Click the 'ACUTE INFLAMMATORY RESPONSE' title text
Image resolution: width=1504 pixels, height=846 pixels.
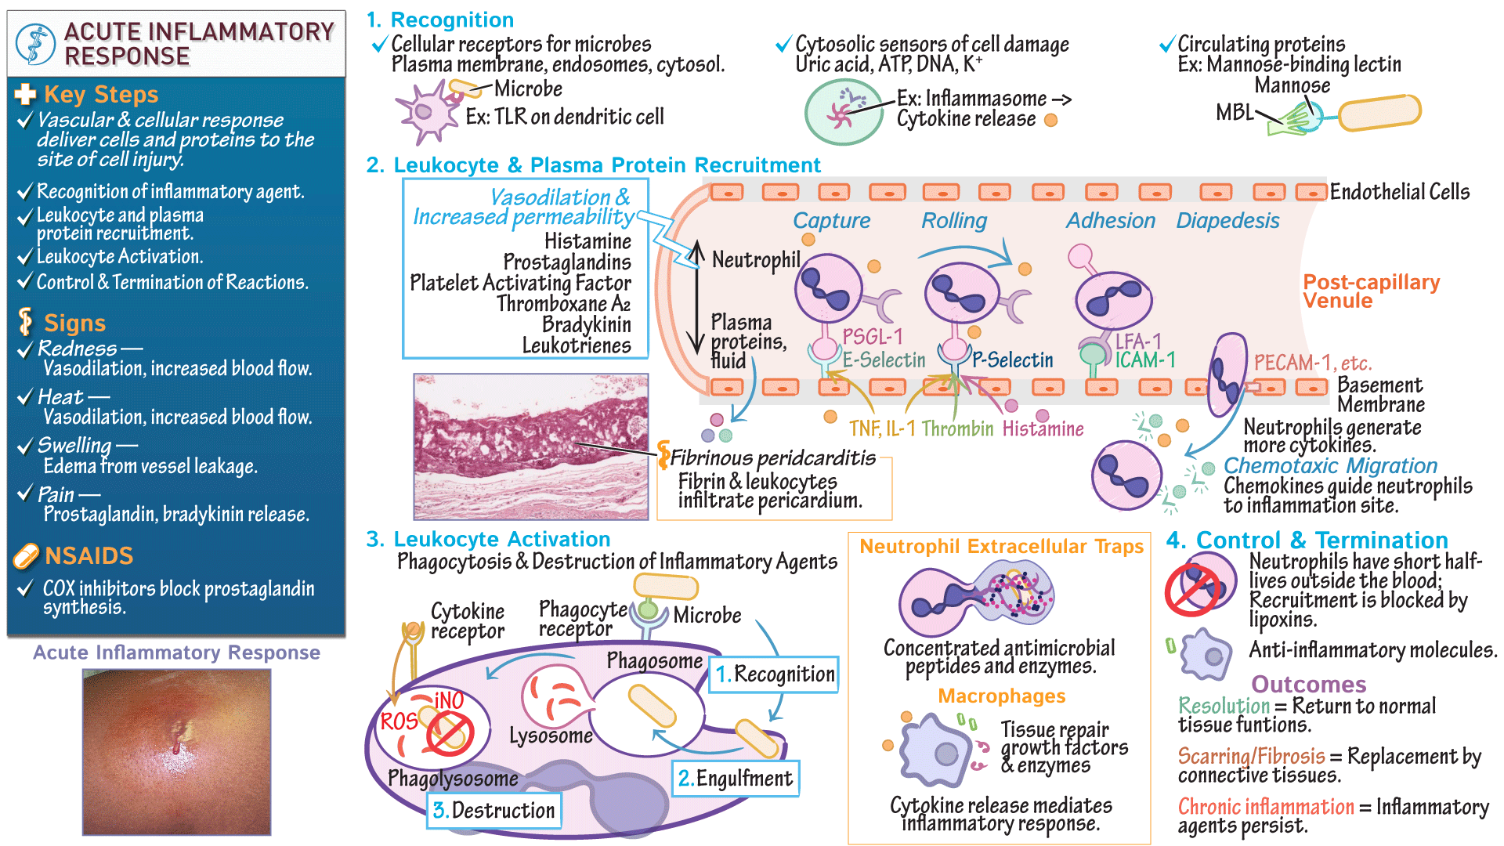tap(199, 44)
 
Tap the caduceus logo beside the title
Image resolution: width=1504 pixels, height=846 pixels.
tap(35, 44)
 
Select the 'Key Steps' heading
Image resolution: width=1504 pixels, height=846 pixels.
tap(101, 95)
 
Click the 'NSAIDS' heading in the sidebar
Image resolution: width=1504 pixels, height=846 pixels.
tap(89, 555)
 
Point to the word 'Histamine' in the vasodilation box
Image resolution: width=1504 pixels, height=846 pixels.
tap(587, 241)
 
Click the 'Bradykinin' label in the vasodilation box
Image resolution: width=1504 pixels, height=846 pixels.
tap(586, 324)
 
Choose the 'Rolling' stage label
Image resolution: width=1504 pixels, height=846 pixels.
tap(954, 221)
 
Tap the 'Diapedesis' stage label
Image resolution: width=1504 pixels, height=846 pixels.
tap(1227, 221)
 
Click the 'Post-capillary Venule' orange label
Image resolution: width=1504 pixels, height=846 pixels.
tap(1371, 291)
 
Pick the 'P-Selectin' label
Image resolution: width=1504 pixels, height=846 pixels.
tap(1013, 360)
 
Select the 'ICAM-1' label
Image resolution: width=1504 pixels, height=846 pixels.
tap(1145, 360)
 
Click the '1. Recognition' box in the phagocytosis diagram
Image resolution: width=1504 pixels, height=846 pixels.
tap(775, 674)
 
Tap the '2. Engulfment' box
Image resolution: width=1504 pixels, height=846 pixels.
tap(736, 779)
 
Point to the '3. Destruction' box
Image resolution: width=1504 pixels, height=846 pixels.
tap(494, 810)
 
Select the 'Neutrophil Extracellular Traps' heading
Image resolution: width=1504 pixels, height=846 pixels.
tap(1001, 547)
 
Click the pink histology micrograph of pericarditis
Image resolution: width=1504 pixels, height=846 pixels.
tap(531, 446)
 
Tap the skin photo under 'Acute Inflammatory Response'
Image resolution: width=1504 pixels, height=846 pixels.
tap(176, 752)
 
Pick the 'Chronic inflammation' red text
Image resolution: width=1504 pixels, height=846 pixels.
tap(1266, 807)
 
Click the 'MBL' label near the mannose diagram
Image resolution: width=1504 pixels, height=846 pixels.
tap(1235, 113)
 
